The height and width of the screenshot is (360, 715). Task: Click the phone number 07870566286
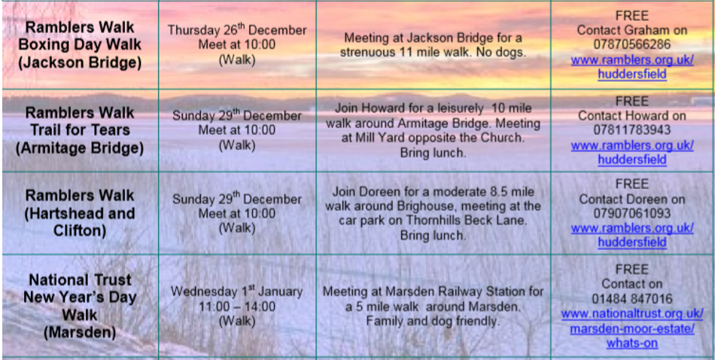(632, 44)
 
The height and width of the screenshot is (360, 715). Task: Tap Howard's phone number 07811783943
(632, 130)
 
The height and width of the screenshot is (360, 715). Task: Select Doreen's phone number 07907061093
(632, 213)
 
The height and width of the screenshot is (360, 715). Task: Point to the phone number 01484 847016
(632, 299)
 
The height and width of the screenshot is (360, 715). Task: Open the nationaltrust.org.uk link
(632, 328)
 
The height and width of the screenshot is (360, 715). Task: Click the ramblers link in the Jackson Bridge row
(632, 66)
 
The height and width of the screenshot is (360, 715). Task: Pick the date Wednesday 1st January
(236, 291)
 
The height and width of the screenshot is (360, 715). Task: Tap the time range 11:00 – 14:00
(236, 307)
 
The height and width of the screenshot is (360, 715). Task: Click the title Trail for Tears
(81, 130)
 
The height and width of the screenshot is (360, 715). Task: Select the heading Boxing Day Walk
(81, 44)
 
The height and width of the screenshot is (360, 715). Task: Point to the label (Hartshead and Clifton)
(81, 221)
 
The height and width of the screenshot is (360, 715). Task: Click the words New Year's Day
(81, 297)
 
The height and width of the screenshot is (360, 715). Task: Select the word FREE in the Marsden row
(632, 269)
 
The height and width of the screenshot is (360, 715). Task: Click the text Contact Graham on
(632, 30)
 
